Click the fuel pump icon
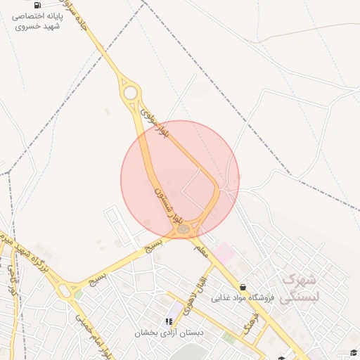tap(37, 4)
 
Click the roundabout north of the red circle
tap(130, 92)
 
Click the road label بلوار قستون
tap(169, 200)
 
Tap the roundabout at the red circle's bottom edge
tap(183, 228)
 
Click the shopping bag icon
tap(243, 287)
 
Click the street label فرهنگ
tap(250, 321)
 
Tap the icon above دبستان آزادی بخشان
tap(169, 321)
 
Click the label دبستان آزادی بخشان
tap(169, 332)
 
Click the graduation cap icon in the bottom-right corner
tap(354, 352)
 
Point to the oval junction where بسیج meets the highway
tap(68, 288)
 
